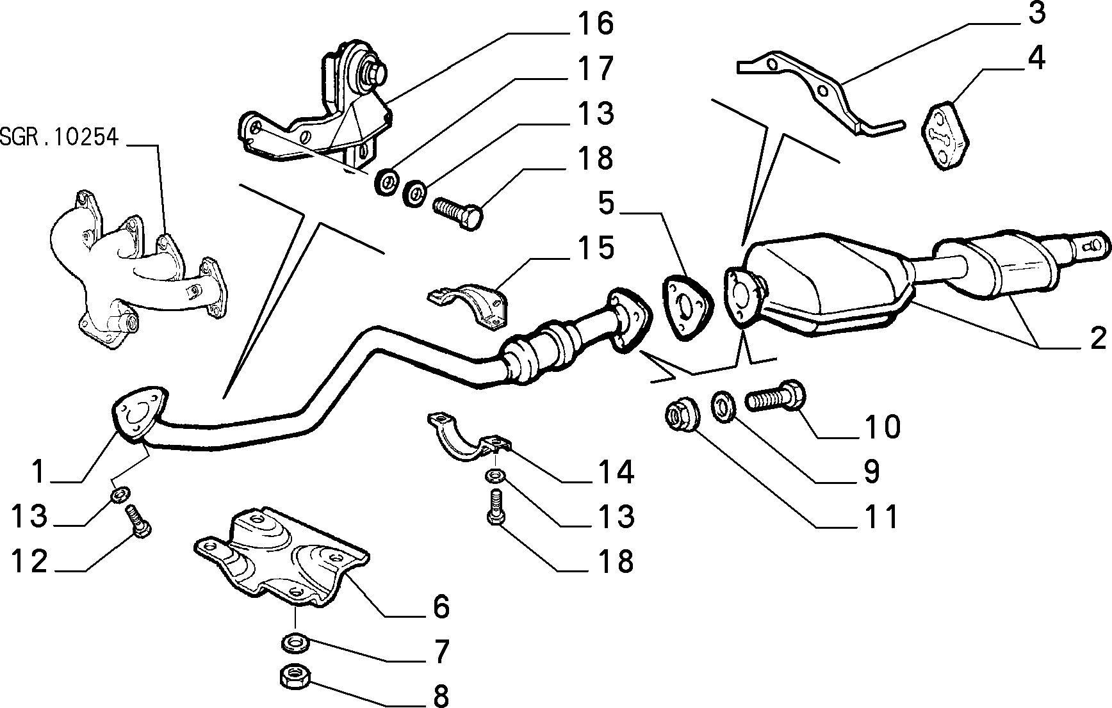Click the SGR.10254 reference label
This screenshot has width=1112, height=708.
pyautogui.click(x=60, y=137)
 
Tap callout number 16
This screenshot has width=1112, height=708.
pyautogui.click(x=595, y=24)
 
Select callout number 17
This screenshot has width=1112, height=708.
pyautogui.click(x=595, y=68)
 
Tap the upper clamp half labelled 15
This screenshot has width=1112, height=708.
pyautogui.click(x=466, y=307)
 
